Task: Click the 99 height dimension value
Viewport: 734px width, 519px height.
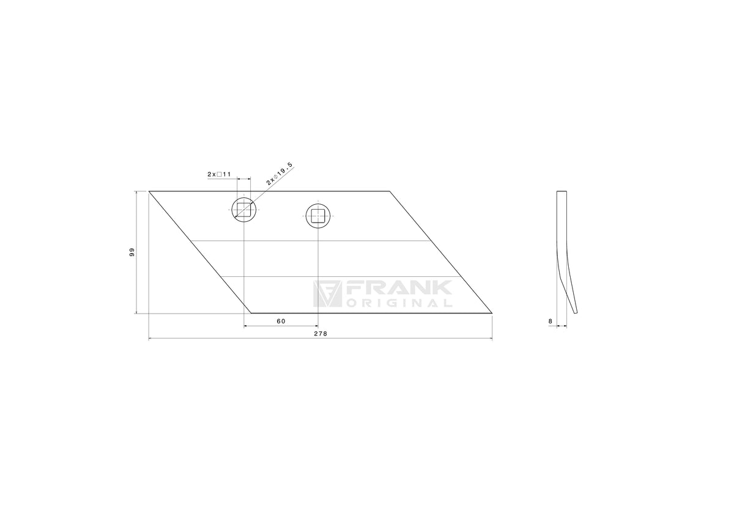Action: [132, 252]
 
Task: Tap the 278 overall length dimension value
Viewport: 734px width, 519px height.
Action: [321, 334]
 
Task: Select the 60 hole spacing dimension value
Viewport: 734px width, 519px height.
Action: [281, 321]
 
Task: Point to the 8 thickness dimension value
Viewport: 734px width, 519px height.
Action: [550, 321]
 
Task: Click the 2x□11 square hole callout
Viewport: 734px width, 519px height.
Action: [219, 174]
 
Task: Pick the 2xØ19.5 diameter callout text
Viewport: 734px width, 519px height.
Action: [279, 174]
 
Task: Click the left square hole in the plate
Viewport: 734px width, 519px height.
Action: [244, 210]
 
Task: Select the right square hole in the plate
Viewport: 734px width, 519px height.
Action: [318, 216]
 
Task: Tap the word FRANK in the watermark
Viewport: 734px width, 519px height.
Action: [399, 288]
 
